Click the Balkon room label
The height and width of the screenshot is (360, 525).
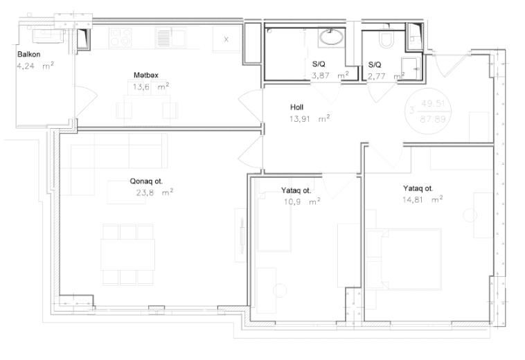pos(29,54)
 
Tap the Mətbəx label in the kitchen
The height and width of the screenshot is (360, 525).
pos(146,75)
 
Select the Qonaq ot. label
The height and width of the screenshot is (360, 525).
pos(146,181)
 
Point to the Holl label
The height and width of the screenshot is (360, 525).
pos(296,107)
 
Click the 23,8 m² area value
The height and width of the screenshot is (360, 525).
pos(154,192)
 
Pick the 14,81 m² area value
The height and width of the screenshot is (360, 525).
pos(422,200)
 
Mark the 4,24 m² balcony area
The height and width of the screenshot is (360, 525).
pos(35,66)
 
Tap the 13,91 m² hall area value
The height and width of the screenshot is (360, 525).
pos(310,118)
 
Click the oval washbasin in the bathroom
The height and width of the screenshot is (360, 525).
pos(332,37)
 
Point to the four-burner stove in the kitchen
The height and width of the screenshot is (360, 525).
pos(121,37)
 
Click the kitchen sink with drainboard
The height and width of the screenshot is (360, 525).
pos(171,37)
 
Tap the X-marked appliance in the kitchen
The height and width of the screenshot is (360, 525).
pos(226,39)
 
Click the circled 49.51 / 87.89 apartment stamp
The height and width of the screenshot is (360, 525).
pos(428,111)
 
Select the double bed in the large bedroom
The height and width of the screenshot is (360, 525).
pos(404,260)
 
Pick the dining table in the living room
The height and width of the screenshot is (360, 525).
pos(128,254)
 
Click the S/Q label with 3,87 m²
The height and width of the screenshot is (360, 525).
pos(319,64)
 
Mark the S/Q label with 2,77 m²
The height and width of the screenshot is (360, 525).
pos(375,64)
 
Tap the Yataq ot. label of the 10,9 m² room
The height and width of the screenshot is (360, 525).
pos(296,190)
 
